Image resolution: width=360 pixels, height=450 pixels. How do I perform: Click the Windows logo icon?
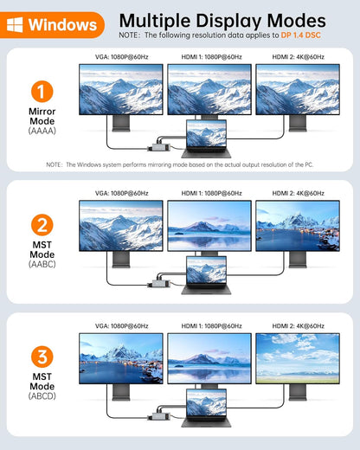point(15,25)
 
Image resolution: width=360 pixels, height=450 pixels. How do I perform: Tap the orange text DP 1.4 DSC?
point(300,35)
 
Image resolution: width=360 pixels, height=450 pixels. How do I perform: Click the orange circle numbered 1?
point(42,92)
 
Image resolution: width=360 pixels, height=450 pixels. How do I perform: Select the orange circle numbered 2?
point(42,225)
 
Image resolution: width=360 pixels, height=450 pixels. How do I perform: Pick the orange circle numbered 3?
point(42,357)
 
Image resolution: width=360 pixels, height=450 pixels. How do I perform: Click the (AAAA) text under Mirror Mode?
point(42,131)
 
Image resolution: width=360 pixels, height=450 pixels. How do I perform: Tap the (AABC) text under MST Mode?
point(42,264)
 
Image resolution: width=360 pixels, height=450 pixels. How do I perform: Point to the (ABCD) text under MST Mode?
point(42,395)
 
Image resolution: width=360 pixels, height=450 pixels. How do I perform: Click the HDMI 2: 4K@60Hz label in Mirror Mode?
point(299,57)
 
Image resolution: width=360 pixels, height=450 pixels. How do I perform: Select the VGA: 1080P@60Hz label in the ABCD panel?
point(122,326)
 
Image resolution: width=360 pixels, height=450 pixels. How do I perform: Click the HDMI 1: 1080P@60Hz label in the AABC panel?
point(211,193)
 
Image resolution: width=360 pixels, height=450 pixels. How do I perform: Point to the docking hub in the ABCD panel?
point(159,415)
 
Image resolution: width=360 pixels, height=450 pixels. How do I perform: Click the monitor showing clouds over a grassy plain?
point(298,358)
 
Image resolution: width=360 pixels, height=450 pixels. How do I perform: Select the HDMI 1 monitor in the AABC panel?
point(209,226)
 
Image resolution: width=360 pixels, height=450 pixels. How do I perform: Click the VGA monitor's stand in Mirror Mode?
point(121,124)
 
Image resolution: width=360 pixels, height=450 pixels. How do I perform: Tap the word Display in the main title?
point(228,22)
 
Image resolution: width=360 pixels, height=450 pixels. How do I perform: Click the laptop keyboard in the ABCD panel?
point(206,421)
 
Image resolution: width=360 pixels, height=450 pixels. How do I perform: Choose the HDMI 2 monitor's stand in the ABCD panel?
point(298,392)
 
